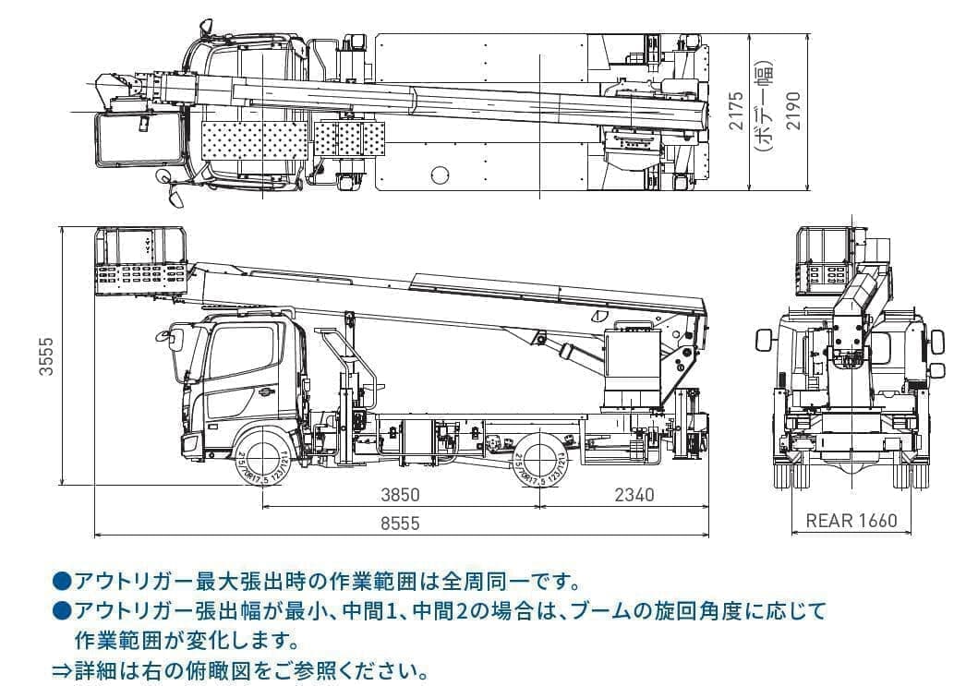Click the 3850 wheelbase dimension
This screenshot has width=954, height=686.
tap(400, 495)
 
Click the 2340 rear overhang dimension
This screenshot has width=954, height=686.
tap(634, 495)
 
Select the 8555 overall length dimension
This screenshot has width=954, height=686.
tap(400, 524)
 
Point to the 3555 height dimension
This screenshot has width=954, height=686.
tap(45, 355)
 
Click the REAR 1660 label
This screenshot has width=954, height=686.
tap(851, 521)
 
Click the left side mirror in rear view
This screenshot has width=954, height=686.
tap(763, 340)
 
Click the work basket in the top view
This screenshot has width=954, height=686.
tap(139, 139)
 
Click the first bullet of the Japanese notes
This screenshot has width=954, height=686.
tap(61, 582)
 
